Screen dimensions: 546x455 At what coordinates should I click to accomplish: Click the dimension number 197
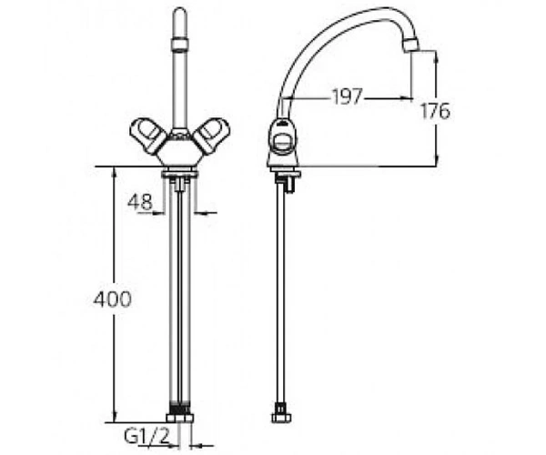pos(348,96)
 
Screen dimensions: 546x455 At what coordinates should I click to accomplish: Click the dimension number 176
pos(435,111)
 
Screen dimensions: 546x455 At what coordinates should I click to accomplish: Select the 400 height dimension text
pos(113,299)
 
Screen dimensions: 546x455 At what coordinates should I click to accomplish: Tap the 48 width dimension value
pos(140,201)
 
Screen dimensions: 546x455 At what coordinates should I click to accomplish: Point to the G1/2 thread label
pos(147,436)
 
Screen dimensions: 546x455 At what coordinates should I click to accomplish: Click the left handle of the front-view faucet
pos(147,136)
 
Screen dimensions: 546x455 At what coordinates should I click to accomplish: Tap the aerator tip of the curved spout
pos(409,46)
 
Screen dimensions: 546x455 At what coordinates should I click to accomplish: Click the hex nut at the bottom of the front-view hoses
pos(179,418)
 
